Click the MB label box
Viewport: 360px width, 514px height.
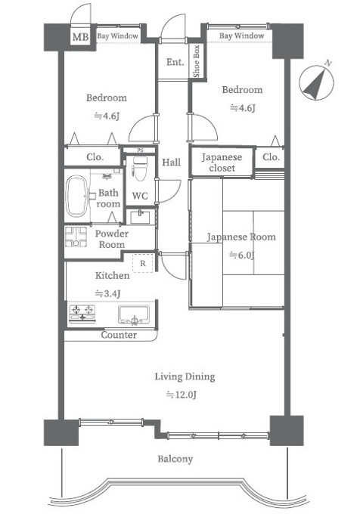(x=80, y=37)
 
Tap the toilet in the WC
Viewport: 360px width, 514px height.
(x=140, y=169)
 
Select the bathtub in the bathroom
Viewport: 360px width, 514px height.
(x=76, y=196)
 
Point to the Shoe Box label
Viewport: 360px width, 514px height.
(x=197, y=61)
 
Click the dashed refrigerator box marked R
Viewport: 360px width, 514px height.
(x=143, y=263)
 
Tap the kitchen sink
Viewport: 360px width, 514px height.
(x=134, y=314)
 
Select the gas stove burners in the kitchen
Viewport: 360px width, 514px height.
(x=82, y=314)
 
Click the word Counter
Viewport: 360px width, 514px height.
(x=119, y=335)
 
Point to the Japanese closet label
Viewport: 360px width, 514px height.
(x=222, y=163)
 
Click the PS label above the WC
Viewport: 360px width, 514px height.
(x=141, y=150)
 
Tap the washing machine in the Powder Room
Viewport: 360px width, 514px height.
(x=76, y=237)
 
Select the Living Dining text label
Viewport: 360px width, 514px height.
(x=185, y=376)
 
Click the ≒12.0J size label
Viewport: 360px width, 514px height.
(x=182, y=395)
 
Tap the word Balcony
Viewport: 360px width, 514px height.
(x=175, y=459)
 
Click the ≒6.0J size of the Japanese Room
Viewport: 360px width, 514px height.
(x=242, y=255)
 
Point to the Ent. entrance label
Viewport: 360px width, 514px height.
(x=175, y=62)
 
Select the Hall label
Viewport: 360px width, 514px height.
(x=172, y=162)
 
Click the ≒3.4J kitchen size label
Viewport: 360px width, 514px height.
(x=107, y=293)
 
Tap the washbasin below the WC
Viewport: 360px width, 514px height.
(x=141, y=217)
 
